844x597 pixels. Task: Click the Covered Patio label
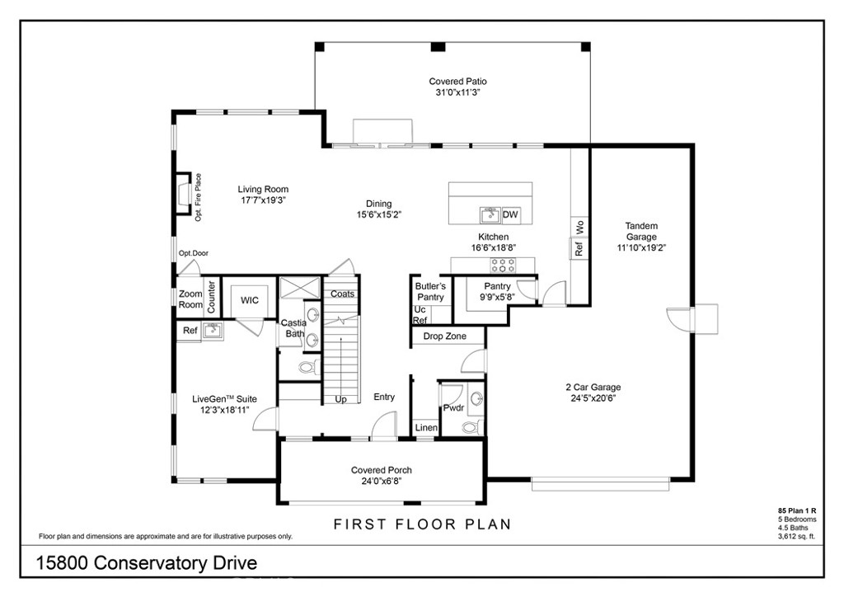pos(457,82)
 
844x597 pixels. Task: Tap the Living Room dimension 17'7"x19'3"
pos(263,200)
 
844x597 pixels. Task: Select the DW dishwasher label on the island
pos(510,215)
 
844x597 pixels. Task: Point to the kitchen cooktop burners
pos(503,265)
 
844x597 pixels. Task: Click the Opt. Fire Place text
pos(199,196)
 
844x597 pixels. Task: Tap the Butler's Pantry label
pos(430,291)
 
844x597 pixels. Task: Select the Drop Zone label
pos(444,336)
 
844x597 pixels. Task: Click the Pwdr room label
pos(453,407)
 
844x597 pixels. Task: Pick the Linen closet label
pos(426,428)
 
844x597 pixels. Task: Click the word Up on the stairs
pos(340,399)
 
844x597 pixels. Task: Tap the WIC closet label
pos(250,300)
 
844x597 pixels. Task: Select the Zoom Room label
pos(190,299)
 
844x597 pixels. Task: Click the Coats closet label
pos(342,294)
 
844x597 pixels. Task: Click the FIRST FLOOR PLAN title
pos(422,524)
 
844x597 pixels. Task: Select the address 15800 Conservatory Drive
pos(148,563)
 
